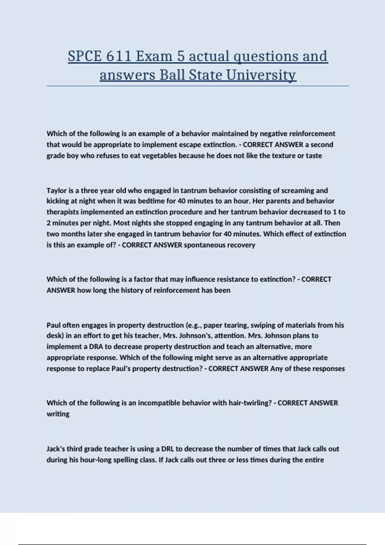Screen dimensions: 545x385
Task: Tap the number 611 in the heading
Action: click(119, 56)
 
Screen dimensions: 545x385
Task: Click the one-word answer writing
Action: click(58, 414)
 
